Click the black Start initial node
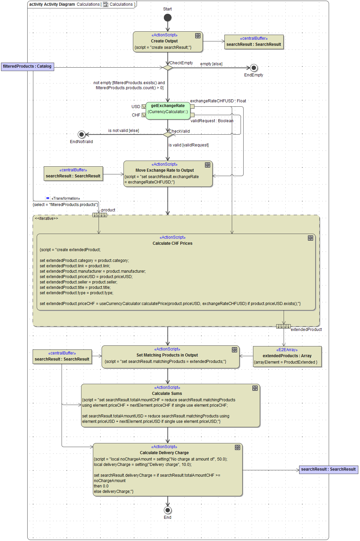click(x=168, y=18)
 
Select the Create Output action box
click(x=168, y=42)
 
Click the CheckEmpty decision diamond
click(x=168, y=68)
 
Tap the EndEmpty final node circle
click(x=254, y=68)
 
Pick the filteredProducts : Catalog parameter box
click(x=27, y=66)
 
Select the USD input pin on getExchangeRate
click(x=144, y=107)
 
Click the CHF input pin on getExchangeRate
click(x=144, y=115)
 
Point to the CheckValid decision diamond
click(x=168, y=135)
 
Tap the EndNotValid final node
click(x=81, y=135)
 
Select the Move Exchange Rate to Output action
click(x=168, y=173)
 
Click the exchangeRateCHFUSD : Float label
click(x=218, y=101)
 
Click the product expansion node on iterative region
click(x=100, y=215)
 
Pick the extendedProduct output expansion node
click(x=283, y=326)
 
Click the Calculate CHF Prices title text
click(x=172, y=243)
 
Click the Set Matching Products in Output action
click(x=170, y=357)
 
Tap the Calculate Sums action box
click(x=170, y=406)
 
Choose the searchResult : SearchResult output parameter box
click(x=328, y=469)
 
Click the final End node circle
click(x=168, y=510)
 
